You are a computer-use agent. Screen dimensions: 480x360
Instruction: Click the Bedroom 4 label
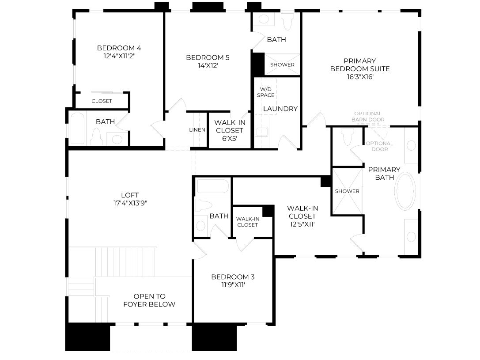pos(119,48)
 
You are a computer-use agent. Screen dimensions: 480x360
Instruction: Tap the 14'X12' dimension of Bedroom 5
pos(208,65)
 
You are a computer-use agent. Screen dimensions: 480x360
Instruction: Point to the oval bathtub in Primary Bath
pos(405,191)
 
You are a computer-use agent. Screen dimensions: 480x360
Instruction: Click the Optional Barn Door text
pos(368,117)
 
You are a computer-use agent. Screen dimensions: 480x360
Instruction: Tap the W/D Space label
pos(265,92)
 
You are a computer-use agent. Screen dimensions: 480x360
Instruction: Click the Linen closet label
pos(197,130)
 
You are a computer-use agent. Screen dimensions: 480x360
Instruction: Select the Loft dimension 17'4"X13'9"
pos(130,203)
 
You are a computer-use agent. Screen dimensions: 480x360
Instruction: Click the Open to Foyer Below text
pos(149,300)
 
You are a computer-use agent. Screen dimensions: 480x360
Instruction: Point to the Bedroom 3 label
pos(233,277)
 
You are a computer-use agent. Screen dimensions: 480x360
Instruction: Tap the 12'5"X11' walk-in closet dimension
pos(302,224)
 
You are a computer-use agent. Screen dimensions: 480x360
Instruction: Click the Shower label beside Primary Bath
pos(347,191)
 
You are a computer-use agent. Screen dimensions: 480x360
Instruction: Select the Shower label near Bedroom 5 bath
pos(282,65)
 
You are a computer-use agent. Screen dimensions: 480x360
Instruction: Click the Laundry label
pos(280,109)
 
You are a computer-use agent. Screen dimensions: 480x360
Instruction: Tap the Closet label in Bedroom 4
pos(102,101)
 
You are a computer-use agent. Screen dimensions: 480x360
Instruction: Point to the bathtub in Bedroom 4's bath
pos(77,128)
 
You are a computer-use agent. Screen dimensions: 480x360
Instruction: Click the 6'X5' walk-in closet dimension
pos(230,138)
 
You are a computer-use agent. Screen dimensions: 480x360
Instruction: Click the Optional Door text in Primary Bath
pos(379,146)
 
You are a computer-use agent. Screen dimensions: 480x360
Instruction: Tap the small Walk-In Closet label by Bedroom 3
pos(248,222)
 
